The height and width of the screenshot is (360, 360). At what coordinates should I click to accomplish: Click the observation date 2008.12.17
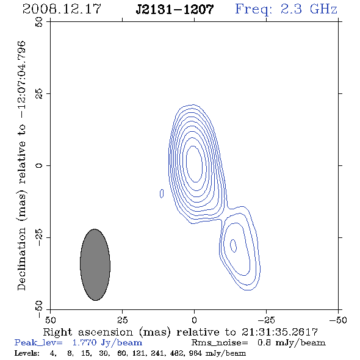tap(62, 9)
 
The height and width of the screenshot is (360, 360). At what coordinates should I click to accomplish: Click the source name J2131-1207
tap(175, 9)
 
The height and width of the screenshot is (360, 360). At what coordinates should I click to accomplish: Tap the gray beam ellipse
tap(95, 265)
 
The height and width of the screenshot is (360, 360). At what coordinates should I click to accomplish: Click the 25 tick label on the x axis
tap(122, 320)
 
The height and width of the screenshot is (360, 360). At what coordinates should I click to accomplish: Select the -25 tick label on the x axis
tap(266, 320)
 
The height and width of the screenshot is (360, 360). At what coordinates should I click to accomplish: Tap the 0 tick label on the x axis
tap(194, 320)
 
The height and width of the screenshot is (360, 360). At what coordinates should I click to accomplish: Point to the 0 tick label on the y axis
tap(39, 165)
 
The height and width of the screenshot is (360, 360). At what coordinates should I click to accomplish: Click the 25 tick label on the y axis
tap(39, 94)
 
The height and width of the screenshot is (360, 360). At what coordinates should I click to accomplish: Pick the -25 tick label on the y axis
tap(39, 237)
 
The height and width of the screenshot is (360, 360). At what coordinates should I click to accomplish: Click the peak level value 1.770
tap(84, 342)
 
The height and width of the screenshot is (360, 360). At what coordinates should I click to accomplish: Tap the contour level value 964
tap(195, 353)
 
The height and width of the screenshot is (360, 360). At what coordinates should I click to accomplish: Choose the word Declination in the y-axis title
tap(21, 259)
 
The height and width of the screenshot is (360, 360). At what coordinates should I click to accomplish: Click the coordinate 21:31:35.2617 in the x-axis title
tap(279, 332)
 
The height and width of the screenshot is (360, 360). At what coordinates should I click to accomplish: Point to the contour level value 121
tap(139, 353)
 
